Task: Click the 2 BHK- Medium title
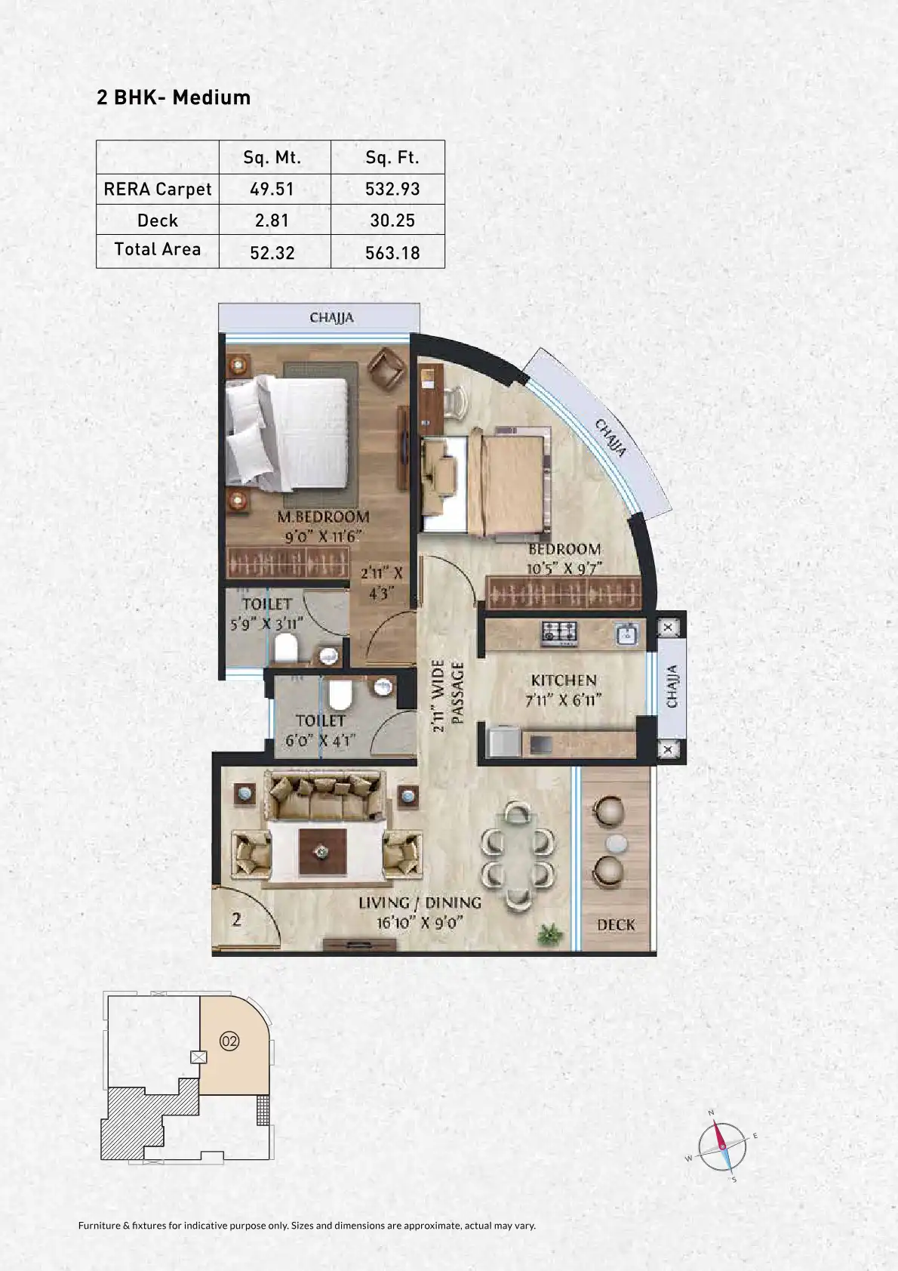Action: tap(174, 97)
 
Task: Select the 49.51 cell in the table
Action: tap(272, 189)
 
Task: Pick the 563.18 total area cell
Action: tap(392, 252)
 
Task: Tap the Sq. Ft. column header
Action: tap(392, 157)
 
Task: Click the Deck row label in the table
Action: tap(158, 221)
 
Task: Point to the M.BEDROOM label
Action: tap(323, 517)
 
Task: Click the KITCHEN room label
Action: tap(564, 680)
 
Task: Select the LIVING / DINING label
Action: tap(420, 902)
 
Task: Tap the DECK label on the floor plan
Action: tap(616, 925)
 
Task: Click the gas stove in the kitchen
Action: tap(559, 633)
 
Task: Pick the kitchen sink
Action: tap(627, 634)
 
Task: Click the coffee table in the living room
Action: tap(322, 851)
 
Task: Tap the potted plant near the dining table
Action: tap(549, 934)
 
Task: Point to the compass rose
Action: tap(721, 1146)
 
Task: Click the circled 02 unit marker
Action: tap(229, 1041)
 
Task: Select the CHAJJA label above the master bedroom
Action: tap(331, 318)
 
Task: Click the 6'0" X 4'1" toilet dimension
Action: tap(320, 740)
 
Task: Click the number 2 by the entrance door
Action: tap(237, 919)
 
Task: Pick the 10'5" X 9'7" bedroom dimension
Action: tap(564, 568)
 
